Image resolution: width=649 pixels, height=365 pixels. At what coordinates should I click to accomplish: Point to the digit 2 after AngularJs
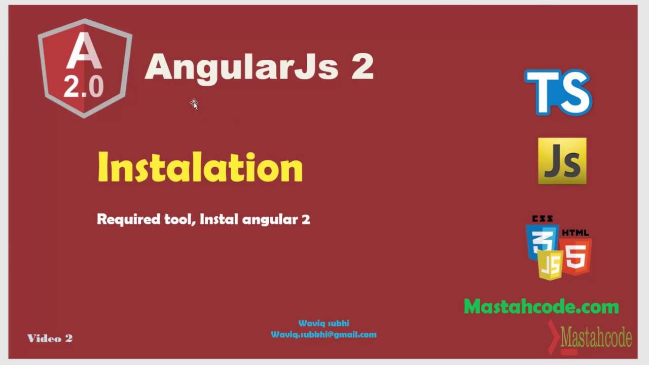tap(362, 67)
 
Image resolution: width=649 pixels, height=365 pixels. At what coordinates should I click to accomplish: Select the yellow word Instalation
tap(200, 167)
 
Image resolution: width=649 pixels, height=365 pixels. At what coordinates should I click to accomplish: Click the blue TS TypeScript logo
tap(558, 92)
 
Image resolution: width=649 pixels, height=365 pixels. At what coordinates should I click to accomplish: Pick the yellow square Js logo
tap(562, 161)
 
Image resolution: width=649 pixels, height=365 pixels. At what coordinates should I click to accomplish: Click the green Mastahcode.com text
tap(541, 307)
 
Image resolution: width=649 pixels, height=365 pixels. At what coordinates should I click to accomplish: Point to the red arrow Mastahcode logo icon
tap(555, 337)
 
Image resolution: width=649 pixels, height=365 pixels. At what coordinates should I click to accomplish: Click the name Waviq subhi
tap(323, 323)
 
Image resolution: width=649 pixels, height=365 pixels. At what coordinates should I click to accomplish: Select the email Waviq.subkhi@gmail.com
tap(323, 335)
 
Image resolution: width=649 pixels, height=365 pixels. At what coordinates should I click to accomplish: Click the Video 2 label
tap(50, 339)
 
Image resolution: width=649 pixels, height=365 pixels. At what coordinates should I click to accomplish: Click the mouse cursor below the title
tap(194, 104)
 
